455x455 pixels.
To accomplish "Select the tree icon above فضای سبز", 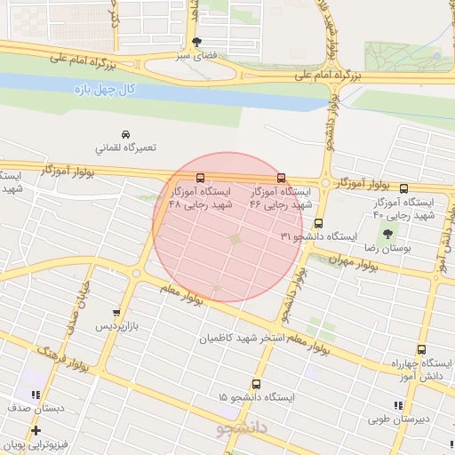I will [x=196, y=41].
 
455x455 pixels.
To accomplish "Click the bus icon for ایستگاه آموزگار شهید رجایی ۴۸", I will [x=200, y=177].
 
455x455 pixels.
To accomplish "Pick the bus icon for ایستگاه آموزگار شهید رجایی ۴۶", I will [x=282, y=177].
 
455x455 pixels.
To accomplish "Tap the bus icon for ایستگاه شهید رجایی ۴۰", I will [x=404, y=188].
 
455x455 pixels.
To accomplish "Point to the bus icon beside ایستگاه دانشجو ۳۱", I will [x=318, y=224].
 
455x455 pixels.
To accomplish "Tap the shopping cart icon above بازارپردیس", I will [x=116, y=313].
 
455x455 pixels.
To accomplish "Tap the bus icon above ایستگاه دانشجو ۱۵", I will [x=256, y=384].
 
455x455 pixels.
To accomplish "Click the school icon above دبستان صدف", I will [x=35, y=395].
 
